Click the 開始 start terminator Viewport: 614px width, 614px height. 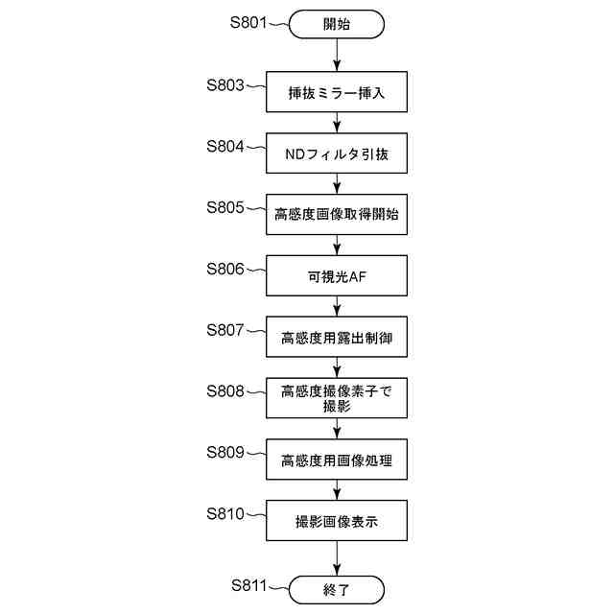tap(336, 24)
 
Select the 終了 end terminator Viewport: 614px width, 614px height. tap(336, 588)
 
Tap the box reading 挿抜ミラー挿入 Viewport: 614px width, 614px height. tap(336, 93)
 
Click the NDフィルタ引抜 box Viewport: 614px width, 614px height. tap(336, 153)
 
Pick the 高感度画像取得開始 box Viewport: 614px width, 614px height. tap(336, 215)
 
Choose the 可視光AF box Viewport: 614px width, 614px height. tap(336, 276)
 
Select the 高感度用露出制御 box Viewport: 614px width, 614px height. tap(336, 337)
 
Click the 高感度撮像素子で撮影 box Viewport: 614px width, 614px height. tap(336, 398)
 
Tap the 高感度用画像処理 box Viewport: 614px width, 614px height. tap(336, 460)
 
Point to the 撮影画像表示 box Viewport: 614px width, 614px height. tap(336, 522)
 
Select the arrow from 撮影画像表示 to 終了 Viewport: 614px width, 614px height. tap(336, 559)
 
